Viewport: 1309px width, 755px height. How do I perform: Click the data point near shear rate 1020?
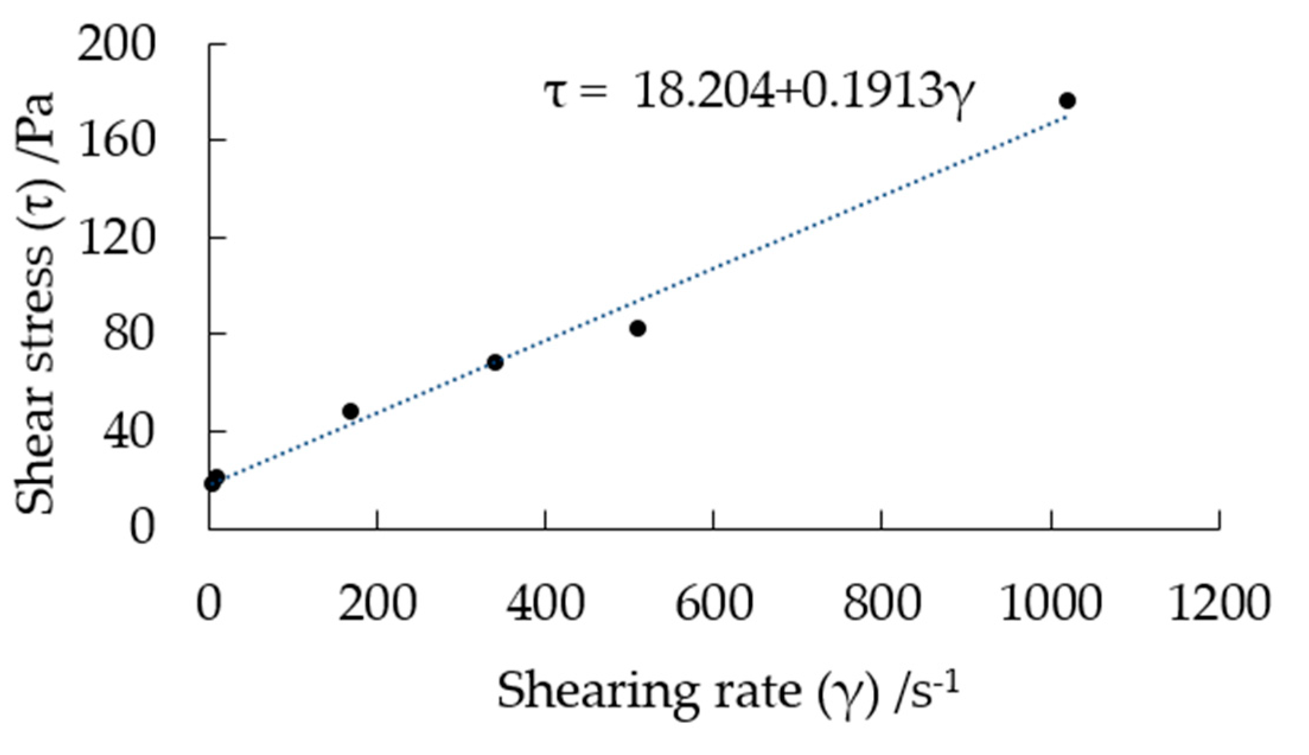[1067, 101]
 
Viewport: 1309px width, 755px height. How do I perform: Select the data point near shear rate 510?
[637, 328]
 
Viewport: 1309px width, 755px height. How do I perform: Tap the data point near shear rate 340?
[495, 362]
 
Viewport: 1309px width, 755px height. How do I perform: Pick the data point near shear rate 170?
[350, 410]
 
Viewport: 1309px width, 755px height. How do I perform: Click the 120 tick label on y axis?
[116, 238]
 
